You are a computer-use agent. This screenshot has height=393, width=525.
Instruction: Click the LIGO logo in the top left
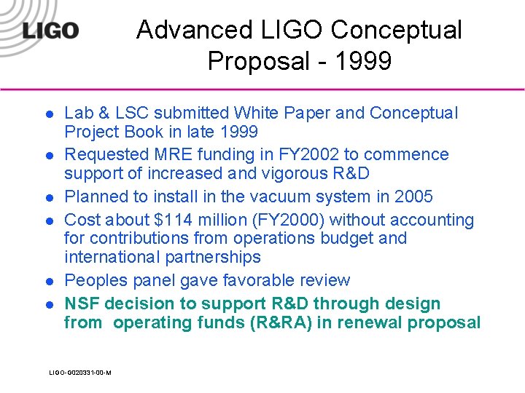50,31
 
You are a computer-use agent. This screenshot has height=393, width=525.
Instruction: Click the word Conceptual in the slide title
396,30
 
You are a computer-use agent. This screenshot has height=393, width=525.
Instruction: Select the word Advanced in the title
192,30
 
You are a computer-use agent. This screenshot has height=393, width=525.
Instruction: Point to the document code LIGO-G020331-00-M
80,373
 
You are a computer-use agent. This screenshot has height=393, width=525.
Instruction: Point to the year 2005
413,196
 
